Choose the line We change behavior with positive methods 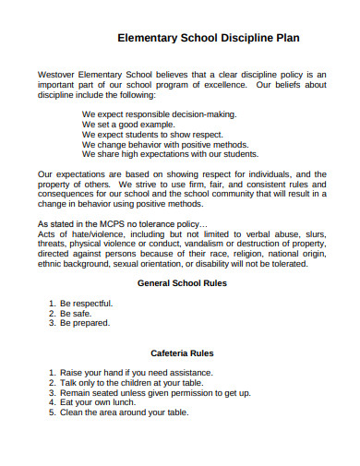166,145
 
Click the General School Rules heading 181,283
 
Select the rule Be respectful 87,303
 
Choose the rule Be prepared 84,323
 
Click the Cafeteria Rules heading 182,352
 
